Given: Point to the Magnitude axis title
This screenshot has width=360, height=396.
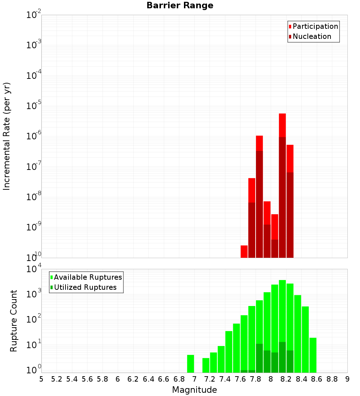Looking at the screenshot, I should coord(194,390).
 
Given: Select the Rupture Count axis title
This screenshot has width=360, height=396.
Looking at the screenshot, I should coord(14,321).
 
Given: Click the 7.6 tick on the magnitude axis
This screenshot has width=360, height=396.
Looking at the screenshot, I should coord(240,379).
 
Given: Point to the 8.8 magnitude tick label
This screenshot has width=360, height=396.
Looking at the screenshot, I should coord(332,379).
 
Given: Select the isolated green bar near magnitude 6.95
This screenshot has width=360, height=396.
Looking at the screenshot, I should coord(190,364).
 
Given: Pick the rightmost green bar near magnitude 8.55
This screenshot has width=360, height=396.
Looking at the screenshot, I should coord(313,355).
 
